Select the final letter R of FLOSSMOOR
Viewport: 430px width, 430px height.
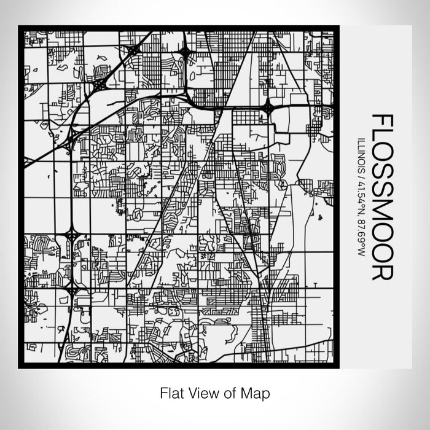click(383, 270)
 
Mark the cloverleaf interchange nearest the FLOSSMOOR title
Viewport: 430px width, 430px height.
click(268, 108)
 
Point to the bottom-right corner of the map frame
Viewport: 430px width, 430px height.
click(337, 367)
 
